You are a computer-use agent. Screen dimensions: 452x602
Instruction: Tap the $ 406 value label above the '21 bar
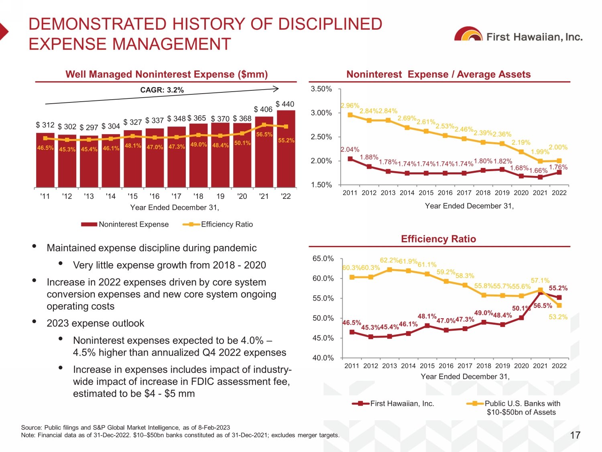coord(263,109)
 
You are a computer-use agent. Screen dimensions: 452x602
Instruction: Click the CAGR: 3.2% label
coord(162,90)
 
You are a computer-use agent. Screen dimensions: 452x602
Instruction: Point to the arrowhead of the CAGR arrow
coord(276,89)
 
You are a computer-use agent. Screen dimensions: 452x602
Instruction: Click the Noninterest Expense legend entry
coord(125,224)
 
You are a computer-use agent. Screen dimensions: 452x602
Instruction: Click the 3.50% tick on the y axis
coord(321,89)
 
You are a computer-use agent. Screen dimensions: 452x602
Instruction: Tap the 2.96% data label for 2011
coord(350,106)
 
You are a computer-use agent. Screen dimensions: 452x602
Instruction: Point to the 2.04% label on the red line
coord(350,149)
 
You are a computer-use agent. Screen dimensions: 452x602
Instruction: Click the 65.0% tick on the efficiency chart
coord(323,258)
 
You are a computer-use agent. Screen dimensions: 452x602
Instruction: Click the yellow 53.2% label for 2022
coord(558,317)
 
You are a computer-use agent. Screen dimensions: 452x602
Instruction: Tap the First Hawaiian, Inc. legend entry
coord(393,403)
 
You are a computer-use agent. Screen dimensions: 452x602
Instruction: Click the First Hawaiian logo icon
coord(468,35)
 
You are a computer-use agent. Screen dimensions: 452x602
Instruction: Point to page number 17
coord(575,435)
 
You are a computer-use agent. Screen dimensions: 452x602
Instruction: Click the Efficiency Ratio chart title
coord(438,239)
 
